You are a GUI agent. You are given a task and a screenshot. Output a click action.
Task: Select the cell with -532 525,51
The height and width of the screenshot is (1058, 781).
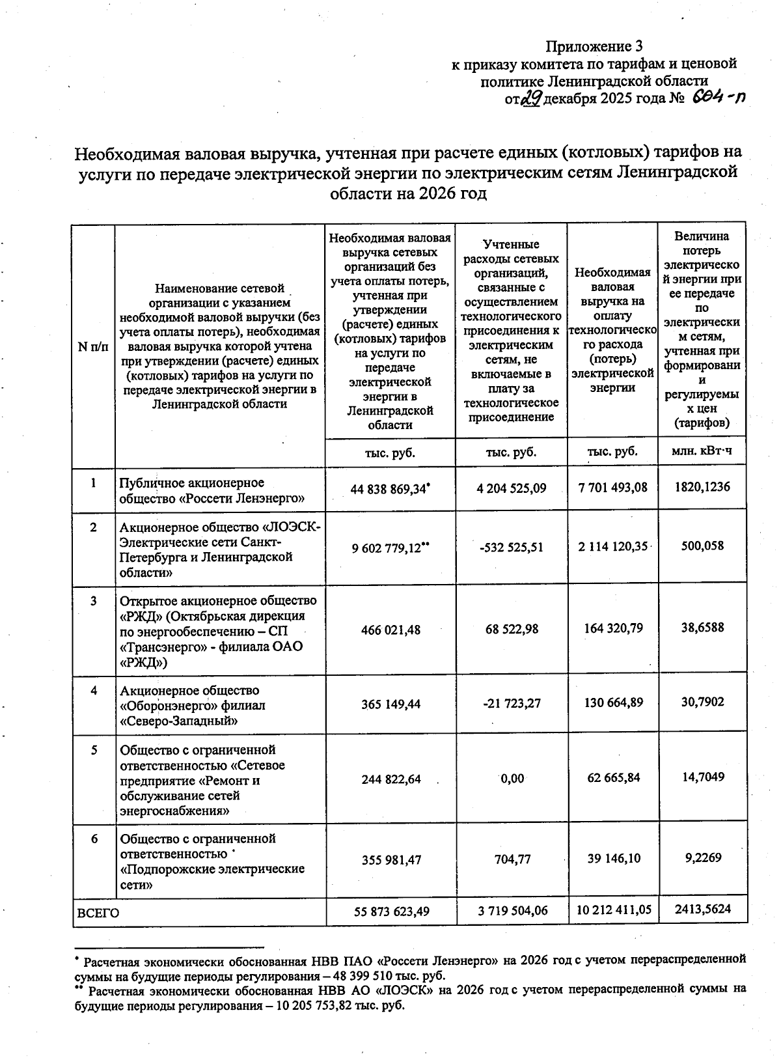point(510,548)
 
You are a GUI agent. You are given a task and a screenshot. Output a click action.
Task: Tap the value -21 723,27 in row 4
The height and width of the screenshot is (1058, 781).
point(510,703)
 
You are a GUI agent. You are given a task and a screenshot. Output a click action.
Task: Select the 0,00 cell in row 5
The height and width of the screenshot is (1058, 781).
point(512,778)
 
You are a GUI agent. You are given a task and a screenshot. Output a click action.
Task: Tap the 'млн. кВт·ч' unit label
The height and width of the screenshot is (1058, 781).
point(701,451)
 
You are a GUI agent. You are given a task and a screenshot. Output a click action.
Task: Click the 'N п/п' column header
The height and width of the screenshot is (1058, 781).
point(93,346)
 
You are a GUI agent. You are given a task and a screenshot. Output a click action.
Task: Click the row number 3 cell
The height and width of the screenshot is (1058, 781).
point(94,601)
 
